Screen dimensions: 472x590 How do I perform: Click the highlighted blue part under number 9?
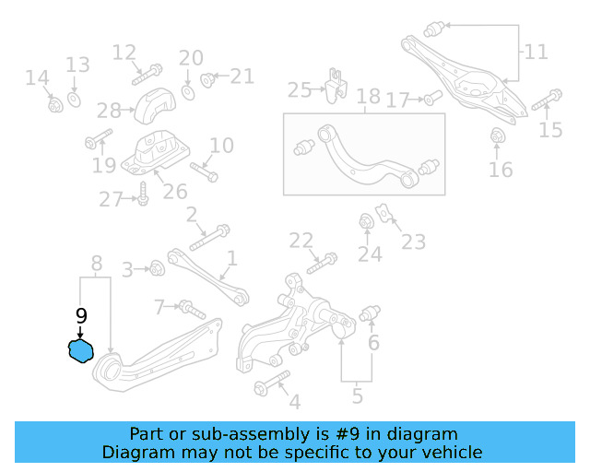[x=82, y=350]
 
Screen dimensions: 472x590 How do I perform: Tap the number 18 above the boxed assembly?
[x=368, y=97]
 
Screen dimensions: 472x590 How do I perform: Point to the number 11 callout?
[x=536, y=52]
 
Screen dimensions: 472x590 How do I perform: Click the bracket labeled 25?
[x=334, y=85]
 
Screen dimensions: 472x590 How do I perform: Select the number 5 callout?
[x=357, y=397]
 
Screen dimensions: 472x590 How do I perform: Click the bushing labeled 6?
[x=372, y=313]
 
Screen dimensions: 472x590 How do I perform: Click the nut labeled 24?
[x=366, y=221]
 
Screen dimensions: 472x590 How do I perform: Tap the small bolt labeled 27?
[x=143, y=195]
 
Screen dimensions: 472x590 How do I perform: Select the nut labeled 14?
[x=54, y=104]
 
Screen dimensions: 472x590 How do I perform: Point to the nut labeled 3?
[x=157, y=268]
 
